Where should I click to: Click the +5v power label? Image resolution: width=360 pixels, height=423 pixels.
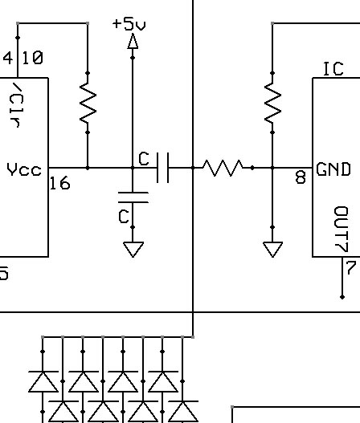(x=129, y=24)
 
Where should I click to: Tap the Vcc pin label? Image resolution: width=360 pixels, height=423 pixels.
(x=24, y=169)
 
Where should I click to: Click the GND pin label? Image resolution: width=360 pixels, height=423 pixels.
(x=333, y=169)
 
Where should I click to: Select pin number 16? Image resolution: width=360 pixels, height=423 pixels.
(x=60, y=183)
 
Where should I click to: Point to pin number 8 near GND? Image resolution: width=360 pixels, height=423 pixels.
(x=301, y=177)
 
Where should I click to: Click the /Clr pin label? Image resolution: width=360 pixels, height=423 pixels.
(x=16, y=104)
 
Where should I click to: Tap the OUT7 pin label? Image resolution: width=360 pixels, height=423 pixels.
(x=341, y=229)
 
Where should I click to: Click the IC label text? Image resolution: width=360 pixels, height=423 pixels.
(x=333, y=69)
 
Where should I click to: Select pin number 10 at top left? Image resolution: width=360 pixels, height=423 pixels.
(x=32, y=58)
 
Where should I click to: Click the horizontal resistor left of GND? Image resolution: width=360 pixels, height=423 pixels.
(x=223, y=168)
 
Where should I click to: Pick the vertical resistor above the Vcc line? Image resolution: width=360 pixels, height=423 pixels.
(x=88, y=103)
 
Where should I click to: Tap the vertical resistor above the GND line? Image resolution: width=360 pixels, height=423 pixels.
(x=272, y=103)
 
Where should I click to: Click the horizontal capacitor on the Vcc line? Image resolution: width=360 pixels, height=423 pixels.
(x=162, y=168)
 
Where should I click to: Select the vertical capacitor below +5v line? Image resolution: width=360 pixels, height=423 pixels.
(x=133, y=197)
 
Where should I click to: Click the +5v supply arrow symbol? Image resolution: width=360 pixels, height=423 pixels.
(x=133, y=41)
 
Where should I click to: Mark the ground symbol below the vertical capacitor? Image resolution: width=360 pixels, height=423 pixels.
(x=133, y=250)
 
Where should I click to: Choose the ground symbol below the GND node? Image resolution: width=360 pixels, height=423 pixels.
(x=272, y=250)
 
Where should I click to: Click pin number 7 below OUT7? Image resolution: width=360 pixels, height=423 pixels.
(x=351, y=267)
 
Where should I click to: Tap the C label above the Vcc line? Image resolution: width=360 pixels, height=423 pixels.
(x=144, y=158)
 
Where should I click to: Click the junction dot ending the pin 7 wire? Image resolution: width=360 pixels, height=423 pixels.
(x=342, y=297)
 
